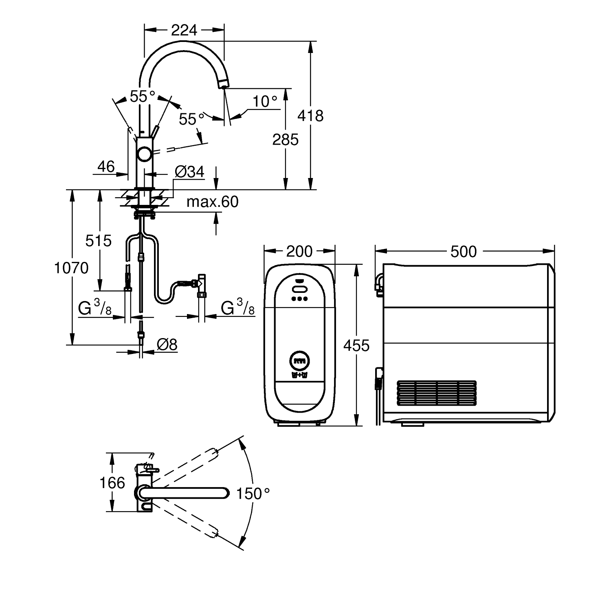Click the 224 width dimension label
(184, 30)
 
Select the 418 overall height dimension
(310, 116)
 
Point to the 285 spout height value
(286, 139)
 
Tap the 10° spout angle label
(265, 101)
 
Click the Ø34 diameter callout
(189, 172)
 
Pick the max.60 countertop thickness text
(212, 202)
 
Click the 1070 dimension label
(71, 268)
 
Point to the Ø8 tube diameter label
(167, 345)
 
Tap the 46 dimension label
(106, 166)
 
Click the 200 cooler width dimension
(299, 251)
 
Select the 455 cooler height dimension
(356, 345)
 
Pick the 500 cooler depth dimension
(464, 251)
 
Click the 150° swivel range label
(253, 494)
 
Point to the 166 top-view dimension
(112, 483)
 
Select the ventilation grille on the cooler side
(436, 393)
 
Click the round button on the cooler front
(299, 360)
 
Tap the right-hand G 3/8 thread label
(237, 308)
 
